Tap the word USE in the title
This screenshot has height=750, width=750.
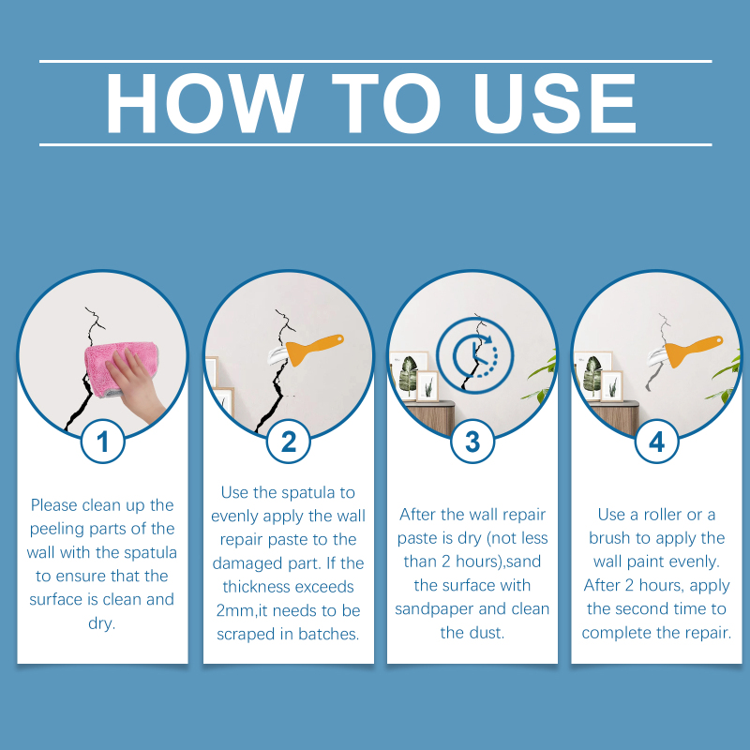(555, 103)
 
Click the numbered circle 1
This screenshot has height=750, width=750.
(103, 441)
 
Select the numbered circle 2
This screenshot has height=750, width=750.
(289, 441)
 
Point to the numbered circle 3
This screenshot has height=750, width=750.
(472, 441)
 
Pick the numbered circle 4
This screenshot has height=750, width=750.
(657, 441)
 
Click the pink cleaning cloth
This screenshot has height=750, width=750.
(121, 367)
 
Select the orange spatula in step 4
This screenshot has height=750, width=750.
(693, 351)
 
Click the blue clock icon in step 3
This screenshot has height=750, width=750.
(474, 355)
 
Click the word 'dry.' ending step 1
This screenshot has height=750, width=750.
(102, 623)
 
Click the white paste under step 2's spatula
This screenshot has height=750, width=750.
(278, 356)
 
